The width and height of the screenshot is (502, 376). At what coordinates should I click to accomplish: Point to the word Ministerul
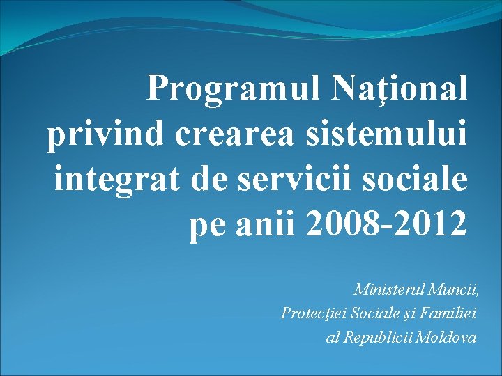coord(388,288)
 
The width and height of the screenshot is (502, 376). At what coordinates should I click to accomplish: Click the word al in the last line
coord(332,338)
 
